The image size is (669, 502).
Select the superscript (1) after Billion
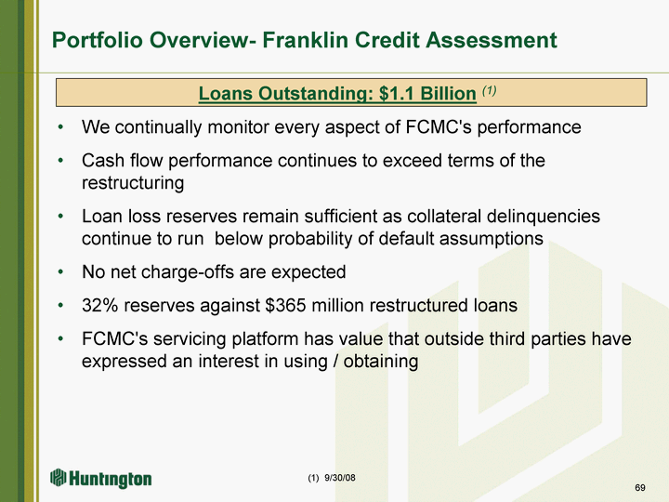click(489, 90)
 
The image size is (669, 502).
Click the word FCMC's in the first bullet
click(439, 126)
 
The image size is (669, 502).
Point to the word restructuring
click(133, 183)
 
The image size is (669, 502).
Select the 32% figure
click(99, 305)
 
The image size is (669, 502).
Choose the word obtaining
click(381, 362)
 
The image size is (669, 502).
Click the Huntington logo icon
click(58, 477)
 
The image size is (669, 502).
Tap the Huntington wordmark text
click(111, 480)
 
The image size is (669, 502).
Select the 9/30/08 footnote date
click(340, 478)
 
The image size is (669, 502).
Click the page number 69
click(640, 487)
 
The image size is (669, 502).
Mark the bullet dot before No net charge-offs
click(61, 271)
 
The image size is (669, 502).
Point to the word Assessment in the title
click(492, 40)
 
